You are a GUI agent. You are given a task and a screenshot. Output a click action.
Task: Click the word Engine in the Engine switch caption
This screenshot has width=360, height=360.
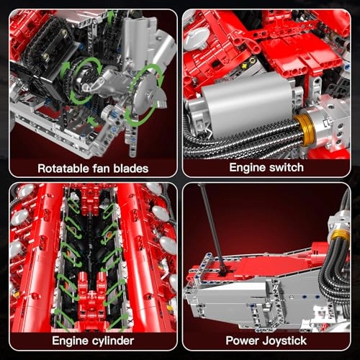[248, 167]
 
